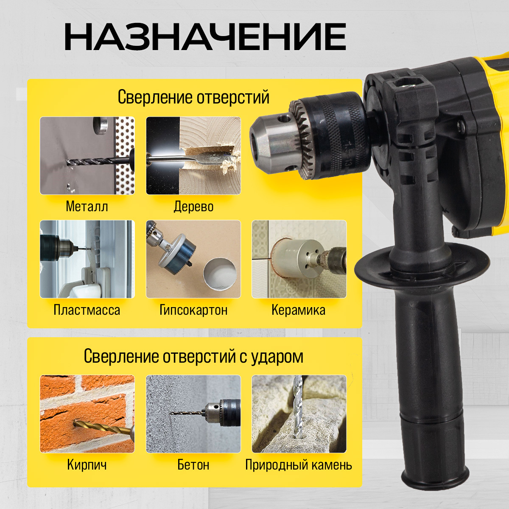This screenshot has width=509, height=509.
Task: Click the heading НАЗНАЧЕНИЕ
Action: (205, 36)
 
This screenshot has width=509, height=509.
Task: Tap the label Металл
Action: (87, 206)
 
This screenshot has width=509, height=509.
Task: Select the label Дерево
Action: (193, 206)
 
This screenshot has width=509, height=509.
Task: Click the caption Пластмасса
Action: (87, 310)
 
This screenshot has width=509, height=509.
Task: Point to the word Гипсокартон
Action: (193, 310)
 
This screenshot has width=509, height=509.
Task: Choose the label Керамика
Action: (299, 310)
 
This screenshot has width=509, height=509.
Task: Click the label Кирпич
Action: (87, 464)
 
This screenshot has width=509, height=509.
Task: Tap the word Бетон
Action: (193, 464)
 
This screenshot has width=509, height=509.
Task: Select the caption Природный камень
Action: (299, 465)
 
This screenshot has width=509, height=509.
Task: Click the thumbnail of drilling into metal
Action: (87, 156)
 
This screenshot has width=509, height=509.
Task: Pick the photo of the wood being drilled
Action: (193, 156)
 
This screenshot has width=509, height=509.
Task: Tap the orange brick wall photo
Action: (87, 414)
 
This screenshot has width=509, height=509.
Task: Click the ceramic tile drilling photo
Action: (299, 259)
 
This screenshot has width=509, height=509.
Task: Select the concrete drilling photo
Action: (193, 414)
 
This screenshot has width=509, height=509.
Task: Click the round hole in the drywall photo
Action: (219, 275)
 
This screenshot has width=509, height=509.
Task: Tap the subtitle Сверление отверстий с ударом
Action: (193, 356)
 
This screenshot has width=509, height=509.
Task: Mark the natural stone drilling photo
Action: (299, 414)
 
